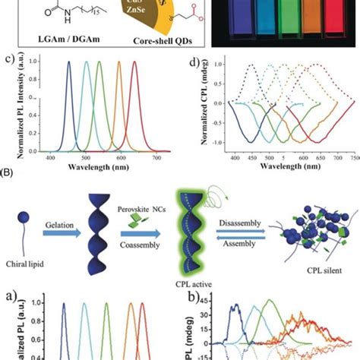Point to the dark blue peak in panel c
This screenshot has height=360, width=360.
[68, 65]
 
